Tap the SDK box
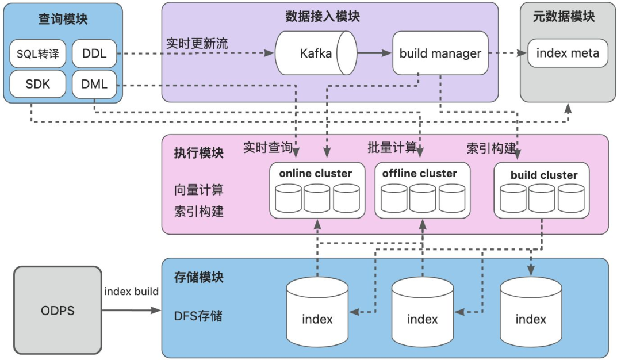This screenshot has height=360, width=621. pyautogui.click(x=38, y=85)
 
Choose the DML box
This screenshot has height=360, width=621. pyautogui.click(x=94, y=85)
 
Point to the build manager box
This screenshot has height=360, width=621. pyautogui.click(x=440, y=53)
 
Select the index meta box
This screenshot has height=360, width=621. pyautogui.click(x=568, y=53)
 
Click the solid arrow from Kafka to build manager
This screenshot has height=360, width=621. pyautogui.click(x=374, y=53)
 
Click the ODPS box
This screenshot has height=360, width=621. pyautogui.click(x=57, y=311)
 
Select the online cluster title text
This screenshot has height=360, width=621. pyautogui.click(x=316, y=173)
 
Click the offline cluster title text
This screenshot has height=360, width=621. pyautogui.click(x=420, y=173)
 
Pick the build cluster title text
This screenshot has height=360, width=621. pyautogui.click(x=543, y=175)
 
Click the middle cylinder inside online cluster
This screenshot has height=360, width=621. pyautogui.click(x=317, y=198)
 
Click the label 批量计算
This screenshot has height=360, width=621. pyautogui.click(x=392, y=147)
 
